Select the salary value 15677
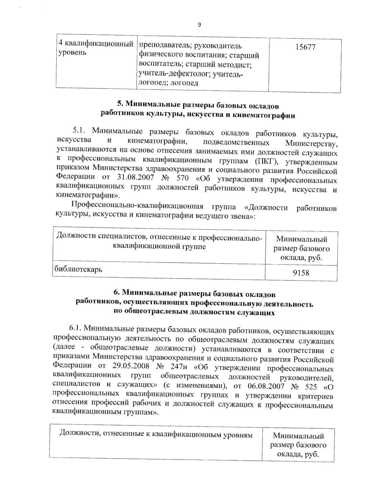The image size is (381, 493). point(305,47)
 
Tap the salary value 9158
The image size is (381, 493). point(301,272)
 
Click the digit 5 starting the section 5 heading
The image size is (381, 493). point(120,103)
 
